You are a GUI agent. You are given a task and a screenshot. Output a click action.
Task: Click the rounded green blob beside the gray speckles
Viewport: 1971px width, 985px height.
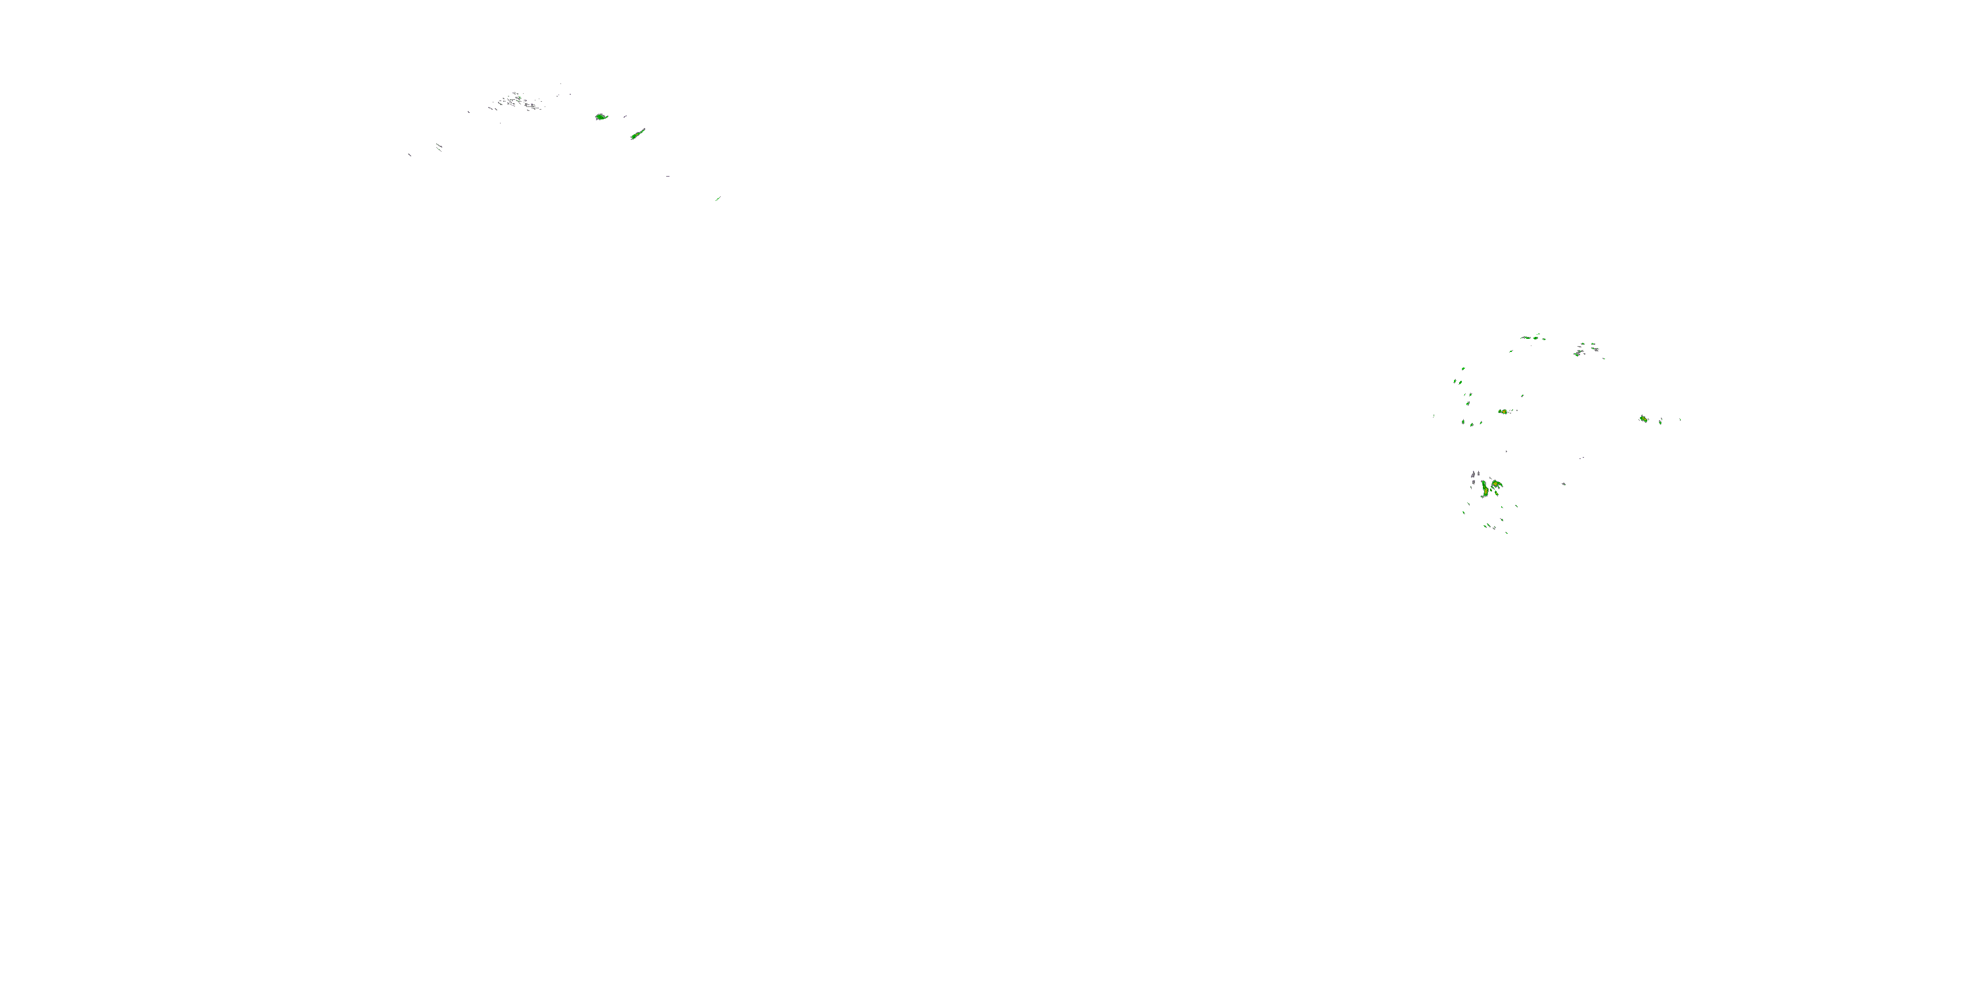coord(600,117)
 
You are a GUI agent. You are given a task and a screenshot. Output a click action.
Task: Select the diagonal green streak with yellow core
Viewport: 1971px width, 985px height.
coord(637,135)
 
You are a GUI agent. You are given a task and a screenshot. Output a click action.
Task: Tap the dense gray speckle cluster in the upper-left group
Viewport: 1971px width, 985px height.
coord(516,101)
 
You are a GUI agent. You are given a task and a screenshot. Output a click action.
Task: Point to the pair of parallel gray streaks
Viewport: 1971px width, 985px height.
coord(439,146)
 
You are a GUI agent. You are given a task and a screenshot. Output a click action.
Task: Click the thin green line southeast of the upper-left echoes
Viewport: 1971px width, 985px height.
coord(717,199)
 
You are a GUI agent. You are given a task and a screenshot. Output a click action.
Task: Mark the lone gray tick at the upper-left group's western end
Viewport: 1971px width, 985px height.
coord(409,155)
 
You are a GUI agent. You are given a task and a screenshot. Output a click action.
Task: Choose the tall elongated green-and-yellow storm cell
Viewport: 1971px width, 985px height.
coord(1484,489)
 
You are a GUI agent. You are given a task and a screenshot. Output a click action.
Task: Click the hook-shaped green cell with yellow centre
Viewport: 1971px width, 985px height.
coord(1496,484)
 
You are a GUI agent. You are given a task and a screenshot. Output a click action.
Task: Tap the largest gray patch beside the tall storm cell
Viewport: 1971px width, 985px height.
coord(1474,478)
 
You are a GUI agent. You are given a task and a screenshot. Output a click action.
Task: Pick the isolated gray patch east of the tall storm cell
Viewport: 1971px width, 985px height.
coord(1563,483)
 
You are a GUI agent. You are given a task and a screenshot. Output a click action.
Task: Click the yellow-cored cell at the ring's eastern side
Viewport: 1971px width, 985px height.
coord(1642,419)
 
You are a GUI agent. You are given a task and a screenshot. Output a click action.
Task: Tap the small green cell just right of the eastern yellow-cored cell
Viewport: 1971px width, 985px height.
coord(1660,422)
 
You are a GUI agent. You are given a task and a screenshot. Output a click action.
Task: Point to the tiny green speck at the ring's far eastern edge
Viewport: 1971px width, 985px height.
coord(1679,419)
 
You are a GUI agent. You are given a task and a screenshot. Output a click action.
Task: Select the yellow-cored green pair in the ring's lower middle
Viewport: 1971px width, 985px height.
coord(1503,412)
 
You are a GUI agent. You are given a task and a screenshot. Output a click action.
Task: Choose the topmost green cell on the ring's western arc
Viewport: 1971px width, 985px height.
coord(1463,369)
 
